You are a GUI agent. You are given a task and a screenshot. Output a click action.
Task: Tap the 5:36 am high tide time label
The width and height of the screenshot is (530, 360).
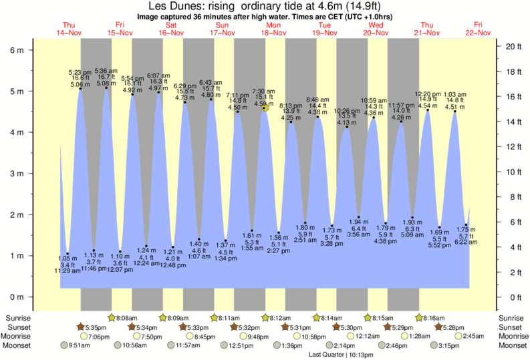pyautogui.click(x=106, y=70)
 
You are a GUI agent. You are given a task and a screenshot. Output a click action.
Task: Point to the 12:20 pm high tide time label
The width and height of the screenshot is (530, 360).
pyautogui.click(x=428, y=94)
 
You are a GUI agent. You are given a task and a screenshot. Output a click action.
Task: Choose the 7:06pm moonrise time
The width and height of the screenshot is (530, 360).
pyautogui.click(x=98, y=337)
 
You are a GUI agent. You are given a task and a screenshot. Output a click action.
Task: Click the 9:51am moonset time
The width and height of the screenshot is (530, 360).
pyautogui.click(x=78, y=346)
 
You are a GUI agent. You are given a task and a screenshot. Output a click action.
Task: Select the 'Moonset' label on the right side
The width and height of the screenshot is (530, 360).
pyautogui.click(x=511, y=346)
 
